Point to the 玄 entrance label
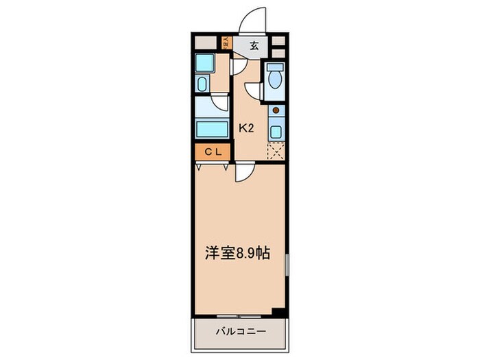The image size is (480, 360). [x=254, y=47]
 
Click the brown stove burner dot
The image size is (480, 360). [x=275, y=110]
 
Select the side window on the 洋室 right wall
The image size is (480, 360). [x=287, y=265]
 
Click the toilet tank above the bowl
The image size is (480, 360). [x=274, y=69]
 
